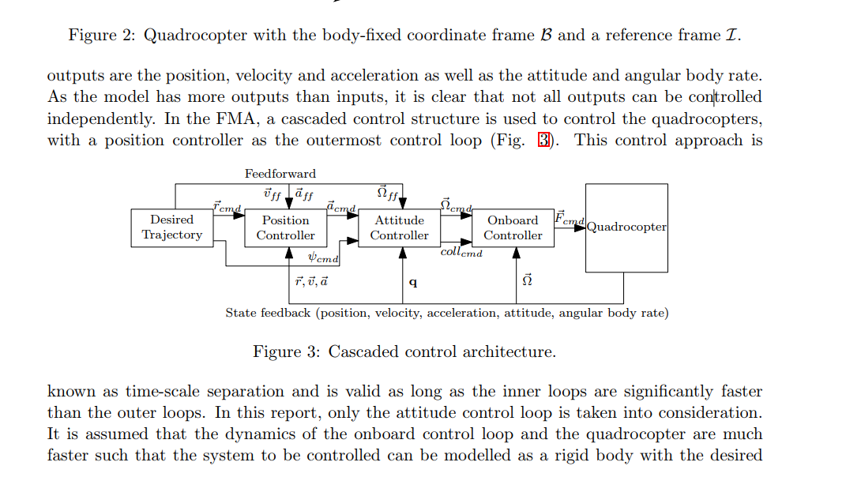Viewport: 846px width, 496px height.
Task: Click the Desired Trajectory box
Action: [x=172, y=227]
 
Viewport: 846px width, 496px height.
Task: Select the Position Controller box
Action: [x=285, y=227]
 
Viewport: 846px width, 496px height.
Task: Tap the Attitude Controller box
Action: [x=399, y=227]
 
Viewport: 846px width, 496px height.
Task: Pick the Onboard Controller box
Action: [x=513, y=227]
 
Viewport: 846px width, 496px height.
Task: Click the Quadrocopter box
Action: [x=626, y=227]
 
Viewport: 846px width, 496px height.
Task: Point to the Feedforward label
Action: [x=280, y=174]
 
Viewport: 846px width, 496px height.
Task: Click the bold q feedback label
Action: [x=413, y=282]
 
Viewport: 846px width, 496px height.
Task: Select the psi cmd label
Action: [x=322, y=258]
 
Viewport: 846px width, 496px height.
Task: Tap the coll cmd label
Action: [x=461, y=252]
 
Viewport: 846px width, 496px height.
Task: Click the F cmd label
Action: [x=570, y=217]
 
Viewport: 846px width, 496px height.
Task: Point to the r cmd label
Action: [x=227, y=206]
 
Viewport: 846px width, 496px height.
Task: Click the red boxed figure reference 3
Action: [x=543, y=141]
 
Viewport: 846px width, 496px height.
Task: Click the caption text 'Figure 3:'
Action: [x=287, y=352]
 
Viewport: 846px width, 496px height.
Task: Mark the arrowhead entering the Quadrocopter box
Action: [x=580, y=227]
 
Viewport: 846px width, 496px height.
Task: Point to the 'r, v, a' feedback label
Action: [x=311, y=281]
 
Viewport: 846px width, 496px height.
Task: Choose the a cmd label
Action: [x=341, y=207]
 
